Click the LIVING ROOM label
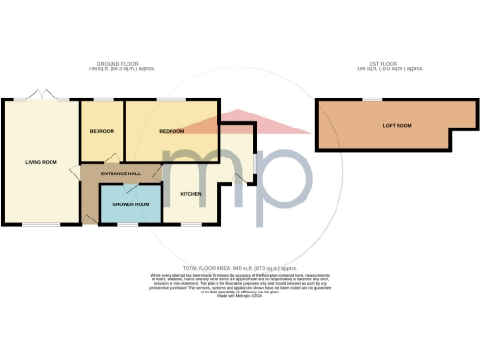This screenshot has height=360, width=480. pyautogui.click(x=41, y=162)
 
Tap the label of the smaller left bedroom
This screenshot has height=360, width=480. pyautogui.click(x=101, y=131)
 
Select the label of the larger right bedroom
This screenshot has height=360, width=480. pyautogui.click(x=172, y=131)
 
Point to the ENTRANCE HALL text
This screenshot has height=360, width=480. pyautogui.click(x=122, y=173)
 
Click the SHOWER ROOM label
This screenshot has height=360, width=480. pyautogui.click(x=130, y=203)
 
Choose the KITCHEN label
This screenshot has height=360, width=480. pyautogui.click(x=190, y=193)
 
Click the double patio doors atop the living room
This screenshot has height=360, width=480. pyautogui.click(x=42, y=96)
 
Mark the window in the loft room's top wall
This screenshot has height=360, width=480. pyautogui.click(x=372, y=99)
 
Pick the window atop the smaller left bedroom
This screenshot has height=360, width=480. pyautogui.click(x=102, y=99)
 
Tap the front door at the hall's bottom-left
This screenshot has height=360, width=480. pyautogui.click(x=87, y=217)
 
